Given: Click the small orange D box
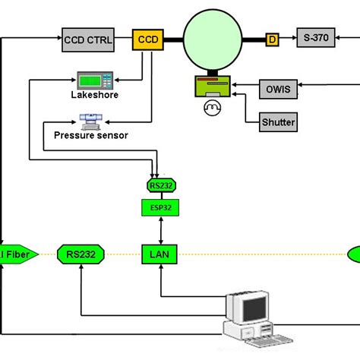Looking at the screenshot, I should [272, 39].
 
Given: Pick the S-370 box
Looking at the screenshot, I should [315, 39].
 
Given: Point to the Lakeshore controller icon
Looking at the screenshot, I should [95, 81].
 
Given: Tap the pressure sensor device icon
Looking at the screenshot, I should [91, 120].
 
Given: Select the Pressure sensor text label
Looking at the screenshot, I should [91, 135].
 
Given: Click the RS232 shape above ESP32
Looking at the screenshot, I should [160, 185].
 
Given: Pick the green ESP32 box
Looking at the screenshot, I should [160, 206].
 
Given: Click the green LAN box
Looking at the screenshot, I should [160, 254].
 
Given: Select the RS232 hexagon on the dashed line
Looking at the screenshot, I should [80, 254].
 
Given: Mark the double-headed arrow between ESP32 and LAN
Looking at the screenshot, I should [160, 229].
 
